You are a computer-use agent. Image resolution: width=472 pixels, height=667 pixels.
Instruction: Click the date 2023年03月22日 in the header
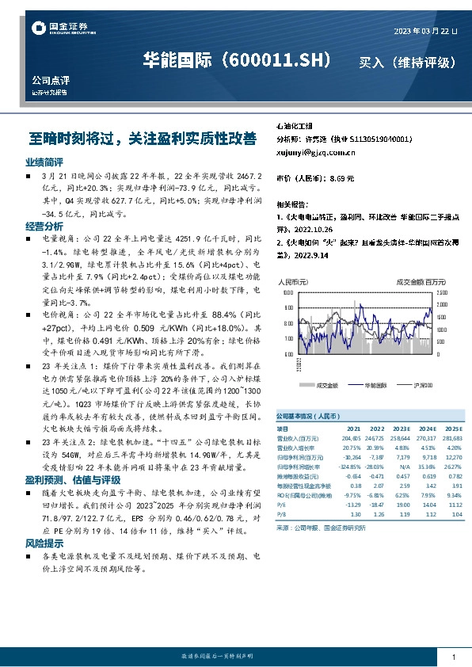(424, 31)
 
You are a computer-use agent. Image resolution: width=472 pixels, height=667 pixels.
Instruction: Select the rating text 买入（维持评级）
(408, 62)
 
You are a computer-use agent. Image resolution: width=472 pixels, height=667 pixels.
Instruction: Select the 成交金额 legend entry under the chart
(326, 386)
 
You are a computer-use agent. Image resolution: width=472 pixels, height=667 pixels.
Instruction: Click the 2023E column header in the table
(400, 428)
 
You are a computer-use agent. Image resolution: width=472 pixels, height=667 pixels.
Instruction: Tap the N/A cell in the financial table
(402, 457)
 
